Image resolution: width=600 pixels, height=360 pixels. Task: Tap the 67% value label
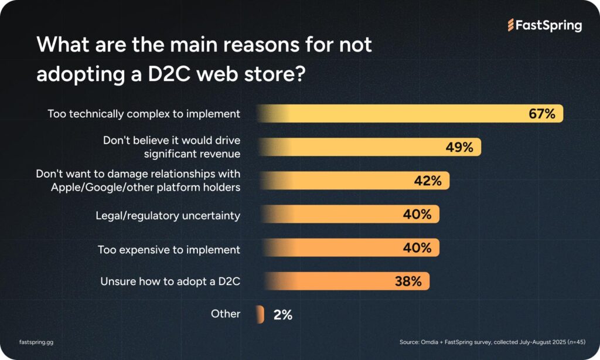[542, 114]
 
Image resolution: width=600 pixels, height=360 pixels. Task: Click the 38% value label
[407, 281]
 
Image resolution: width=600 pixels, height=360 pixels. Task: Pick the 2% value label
[282, 314]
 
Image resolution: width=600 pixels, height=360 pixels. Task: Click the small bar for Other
[260, 314]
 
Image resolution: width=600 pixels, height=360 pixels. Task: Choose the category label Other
[226, 314]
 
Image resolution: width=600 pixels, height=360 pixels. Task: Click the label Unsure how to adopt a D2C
[171, 281]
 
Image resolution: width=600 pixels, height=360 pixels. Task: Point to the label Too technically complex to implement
[144, 114]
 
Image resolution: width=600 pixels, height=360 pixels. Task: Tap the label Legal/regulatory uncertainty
[168, 215]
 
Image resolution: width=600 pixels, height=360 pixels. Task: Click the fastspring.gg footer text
[36, 341]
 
